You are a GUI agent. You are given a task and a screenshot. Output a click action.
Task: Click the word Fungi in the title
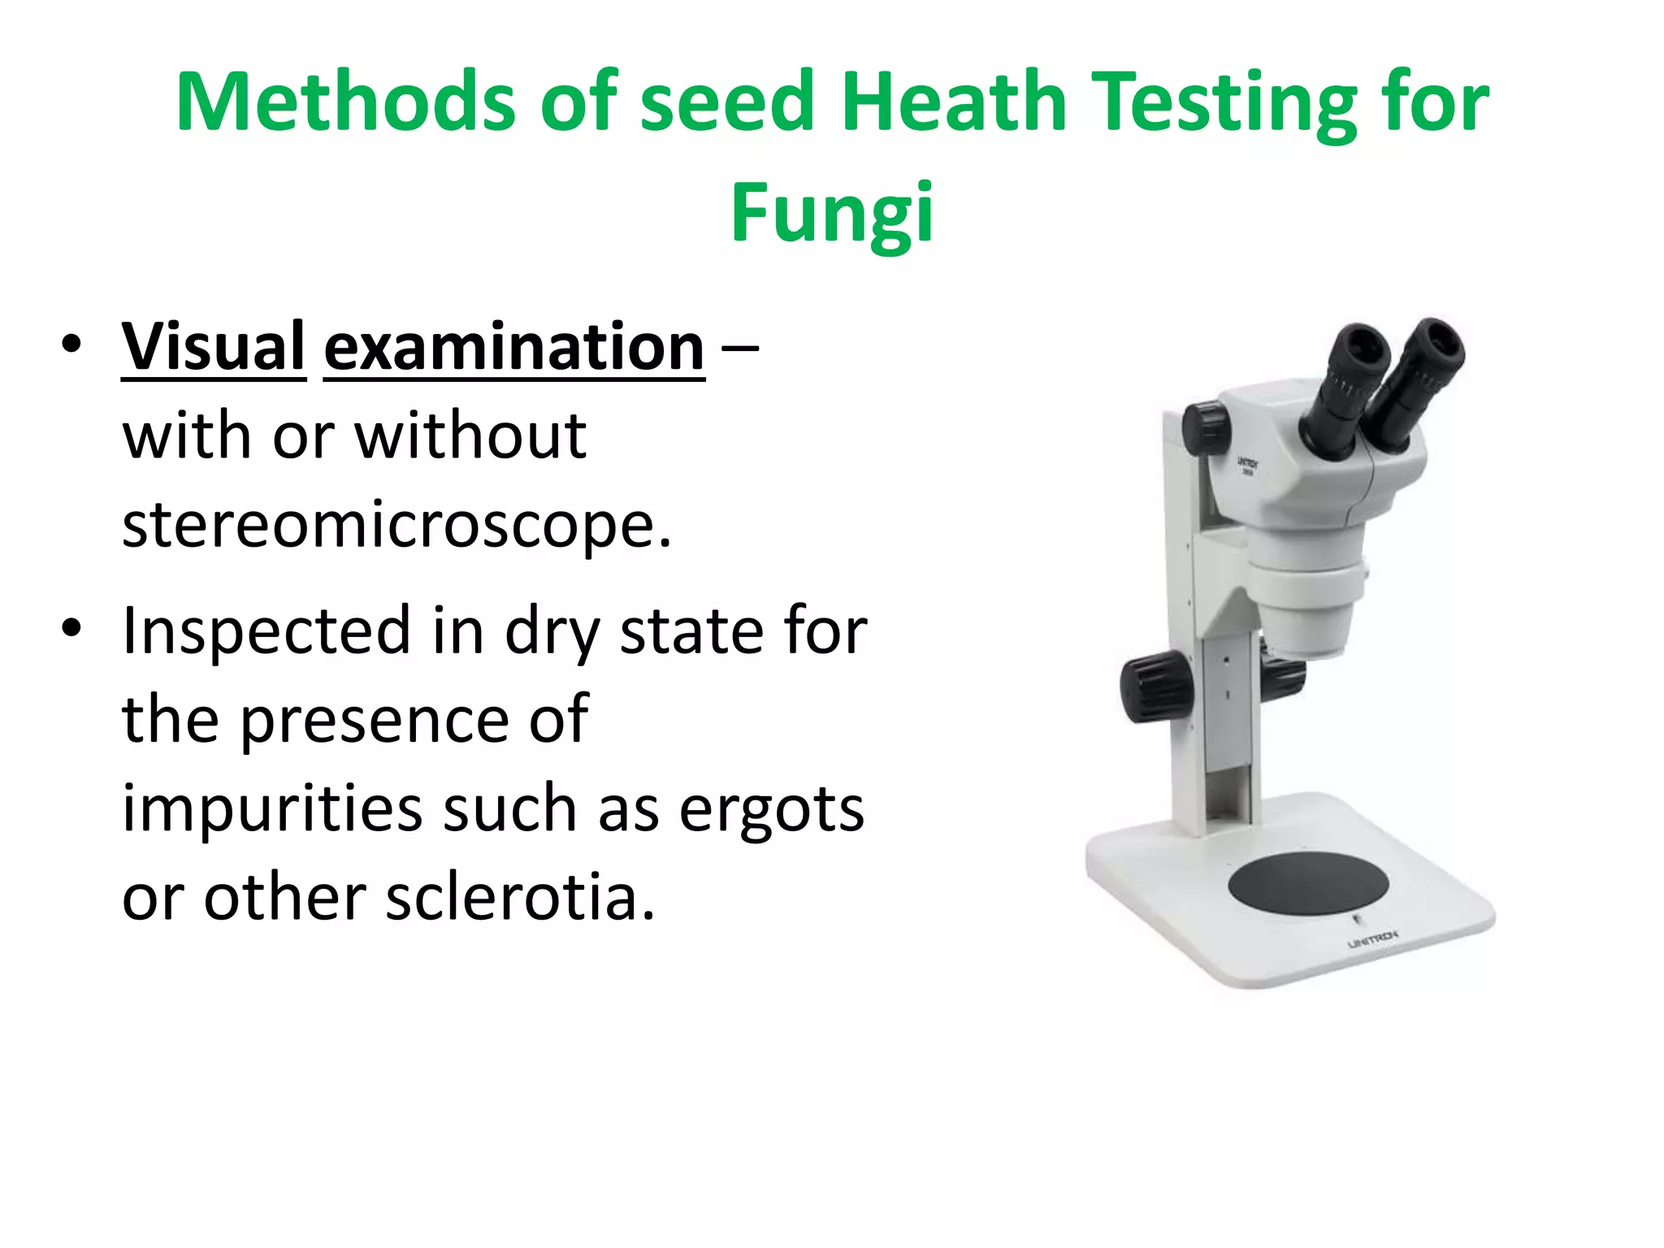(832, 213)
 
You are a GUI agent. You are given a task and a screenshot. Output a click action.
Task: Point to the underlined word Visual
(213, 348)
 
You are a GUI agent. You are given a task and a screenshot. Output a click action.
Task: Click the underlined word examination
(513, 348)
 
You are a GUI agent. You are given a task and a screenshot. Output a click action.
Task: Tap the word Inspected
(266, 632)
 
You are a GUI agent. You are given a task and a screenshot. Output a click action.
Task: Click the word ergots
(771, 809)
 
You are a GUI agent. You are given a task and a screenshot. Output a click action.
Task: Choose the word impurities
(272, 811)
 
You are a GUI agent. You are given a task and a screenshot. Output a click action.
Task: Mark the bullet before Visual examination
(71, 344)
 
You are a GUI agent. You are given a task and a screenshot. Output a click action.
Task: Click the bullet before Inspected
(71, 628)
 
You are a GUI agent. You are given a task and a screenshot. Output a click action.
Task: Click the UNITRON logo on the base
(1372, 941)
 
